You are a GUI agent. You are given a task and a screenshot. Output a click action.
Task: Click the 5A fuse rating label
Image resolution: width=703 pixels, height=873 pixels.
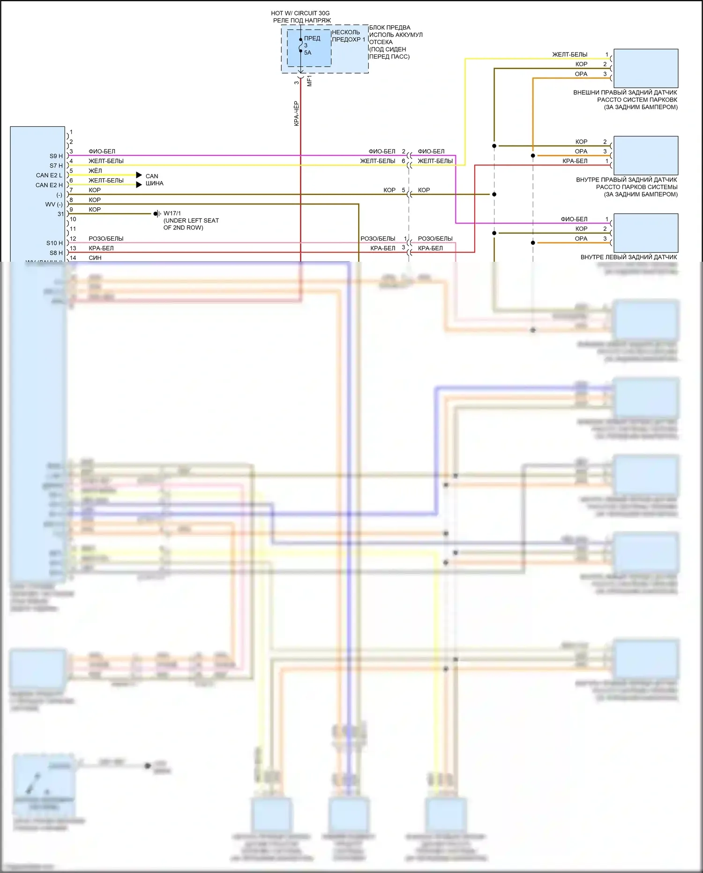click(x=307, y=53)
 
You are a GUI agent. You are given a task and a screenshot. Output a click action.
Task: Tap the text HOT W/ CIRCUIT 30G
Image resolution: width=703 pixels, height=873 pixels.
click(x=300, y=13)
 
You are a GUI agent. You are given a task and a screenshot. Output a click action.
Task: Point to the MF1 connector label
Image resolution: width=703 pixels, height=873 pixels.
click(x=309, y=81)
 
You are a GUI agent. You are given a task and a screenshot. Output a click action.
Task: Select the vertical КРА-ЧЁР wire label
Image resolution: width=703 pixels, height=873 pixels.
click(x=296, y=114)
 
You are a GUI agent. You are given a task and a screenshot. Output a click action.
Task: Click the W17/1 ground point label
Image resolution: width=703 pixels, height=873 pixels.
click(x=172, y=213)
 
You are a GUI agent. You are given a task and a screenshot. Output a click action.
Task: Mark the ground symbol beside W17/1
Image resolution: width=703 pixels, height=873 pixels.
click(x=157, y=214)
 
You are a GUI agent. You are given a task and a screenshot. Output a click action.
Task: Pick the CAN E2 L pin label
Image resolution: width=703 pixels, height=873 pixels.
click(x=49, y=175)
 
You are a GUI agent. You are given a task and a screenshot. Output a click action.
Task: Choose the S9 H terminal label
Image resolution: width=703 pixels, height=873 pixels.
click(x=56, y=156)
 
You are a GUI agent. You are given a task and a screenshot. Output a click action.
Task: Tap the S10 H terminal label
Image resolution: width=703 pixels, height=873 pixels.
click(x=54, y=243)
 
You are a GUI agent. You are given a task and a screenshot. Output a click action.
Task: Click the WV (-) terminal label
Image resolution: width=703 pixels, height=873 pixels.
click(x=54, y=205)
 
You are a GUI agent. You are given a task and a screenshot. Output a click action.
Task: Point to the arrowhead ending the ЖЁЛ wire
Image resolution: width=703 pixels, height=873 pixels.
click(x=139, y=175)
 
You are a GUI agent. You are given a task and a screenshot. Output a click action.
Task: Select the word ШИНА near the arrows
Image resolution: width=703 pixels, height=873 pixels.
click(x=154, y=183)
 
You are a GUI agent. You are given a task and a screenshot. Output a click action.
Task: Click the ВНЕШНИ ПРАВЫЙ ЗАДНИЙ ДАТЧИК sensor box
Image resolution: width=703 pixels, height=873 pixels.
click(x=646, y=68)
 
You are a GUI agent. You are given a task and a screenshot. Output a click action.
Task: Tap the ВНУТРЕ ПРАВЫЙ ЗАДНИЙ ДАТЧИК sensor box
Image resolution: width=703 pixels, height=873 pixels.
click(x=646, y=156)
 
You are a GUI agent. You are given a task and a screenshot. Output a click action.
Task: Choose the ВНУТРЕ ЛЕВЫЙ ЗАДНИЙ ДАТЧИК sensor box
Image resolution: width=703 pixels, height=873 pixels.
click(x=646, y=233)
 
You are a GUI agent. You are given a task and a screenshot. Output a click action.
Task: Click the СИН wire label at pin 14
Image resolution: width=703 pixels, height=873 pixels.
click(x=95, y=258)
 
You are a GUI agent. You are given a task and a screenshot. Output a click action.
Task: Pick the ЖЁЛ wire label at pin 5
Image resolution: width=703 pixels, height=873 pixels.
click(x=95, y=171)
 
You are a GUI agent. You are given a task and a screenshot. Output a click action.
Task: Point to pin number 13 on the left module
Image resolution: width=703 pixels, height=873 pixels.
click(x=73, y=248)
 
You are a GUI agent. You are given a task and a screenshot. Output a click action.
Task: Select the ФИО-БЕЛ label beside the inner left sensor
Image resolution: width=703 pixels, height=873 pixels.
click(x=574, y=219)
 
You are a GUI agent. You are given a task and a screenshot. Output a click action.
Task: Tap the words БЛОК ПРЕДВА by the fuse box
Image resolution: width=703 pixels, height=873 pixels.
click(x=389, y=28)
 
